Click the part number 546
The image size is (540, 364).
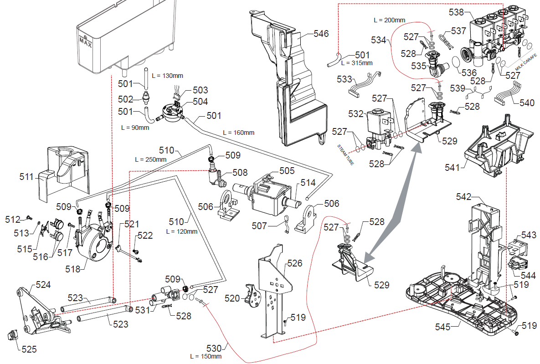[321, 34]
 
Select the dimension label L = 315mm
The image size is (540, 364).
[357, 63]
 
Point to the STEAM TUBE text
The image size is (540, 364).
[345, 154]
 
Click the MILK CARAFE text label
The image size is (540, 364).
[526, 62]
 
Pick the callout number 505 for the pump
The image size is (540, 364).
[287, 171]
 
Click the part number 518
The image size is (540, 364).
[73, 269]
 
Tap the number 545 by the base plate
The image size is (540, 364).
[442, 327]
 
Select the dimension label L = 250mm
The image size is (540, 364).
[150, 159]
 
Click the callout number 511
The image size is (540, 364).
[26, 177]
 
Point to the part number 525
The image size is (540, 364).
[29, 349]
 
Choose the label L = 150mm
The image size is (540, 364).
[206, 356]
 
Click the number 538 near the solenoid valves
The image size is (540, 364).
[456, 12]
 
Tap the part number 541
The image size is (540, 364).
[452, 168]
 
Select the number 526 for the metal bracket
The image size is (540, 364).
[294, 263]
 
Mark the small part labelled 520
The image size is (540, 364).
[252, 294]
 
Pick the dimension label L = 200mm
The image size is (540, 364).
[390, 20]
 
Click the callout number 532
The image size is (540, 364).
[356, 114]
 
